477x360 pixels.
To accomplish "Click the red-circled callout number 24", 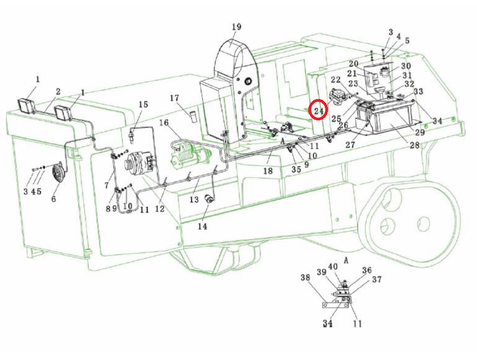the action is coord(319,111).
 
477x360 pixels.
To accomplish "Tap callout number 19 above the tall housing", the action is coord(237,27).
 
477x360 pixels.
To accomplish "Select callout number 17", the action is coord(174,98).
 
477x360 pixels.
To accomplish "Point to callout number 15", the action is coord(143,104).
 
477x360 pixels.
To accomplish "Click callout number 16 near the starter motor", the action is coord(164,123).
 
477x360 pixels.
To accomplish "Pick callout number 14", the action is coord(202,227).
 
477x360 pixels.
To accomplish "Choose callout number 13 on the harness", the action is coord(194,200).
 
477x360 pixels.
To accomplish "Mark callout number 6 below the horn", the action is coord(54,199).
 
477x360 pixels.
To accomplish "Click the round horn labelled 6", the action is coord(58,173).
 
